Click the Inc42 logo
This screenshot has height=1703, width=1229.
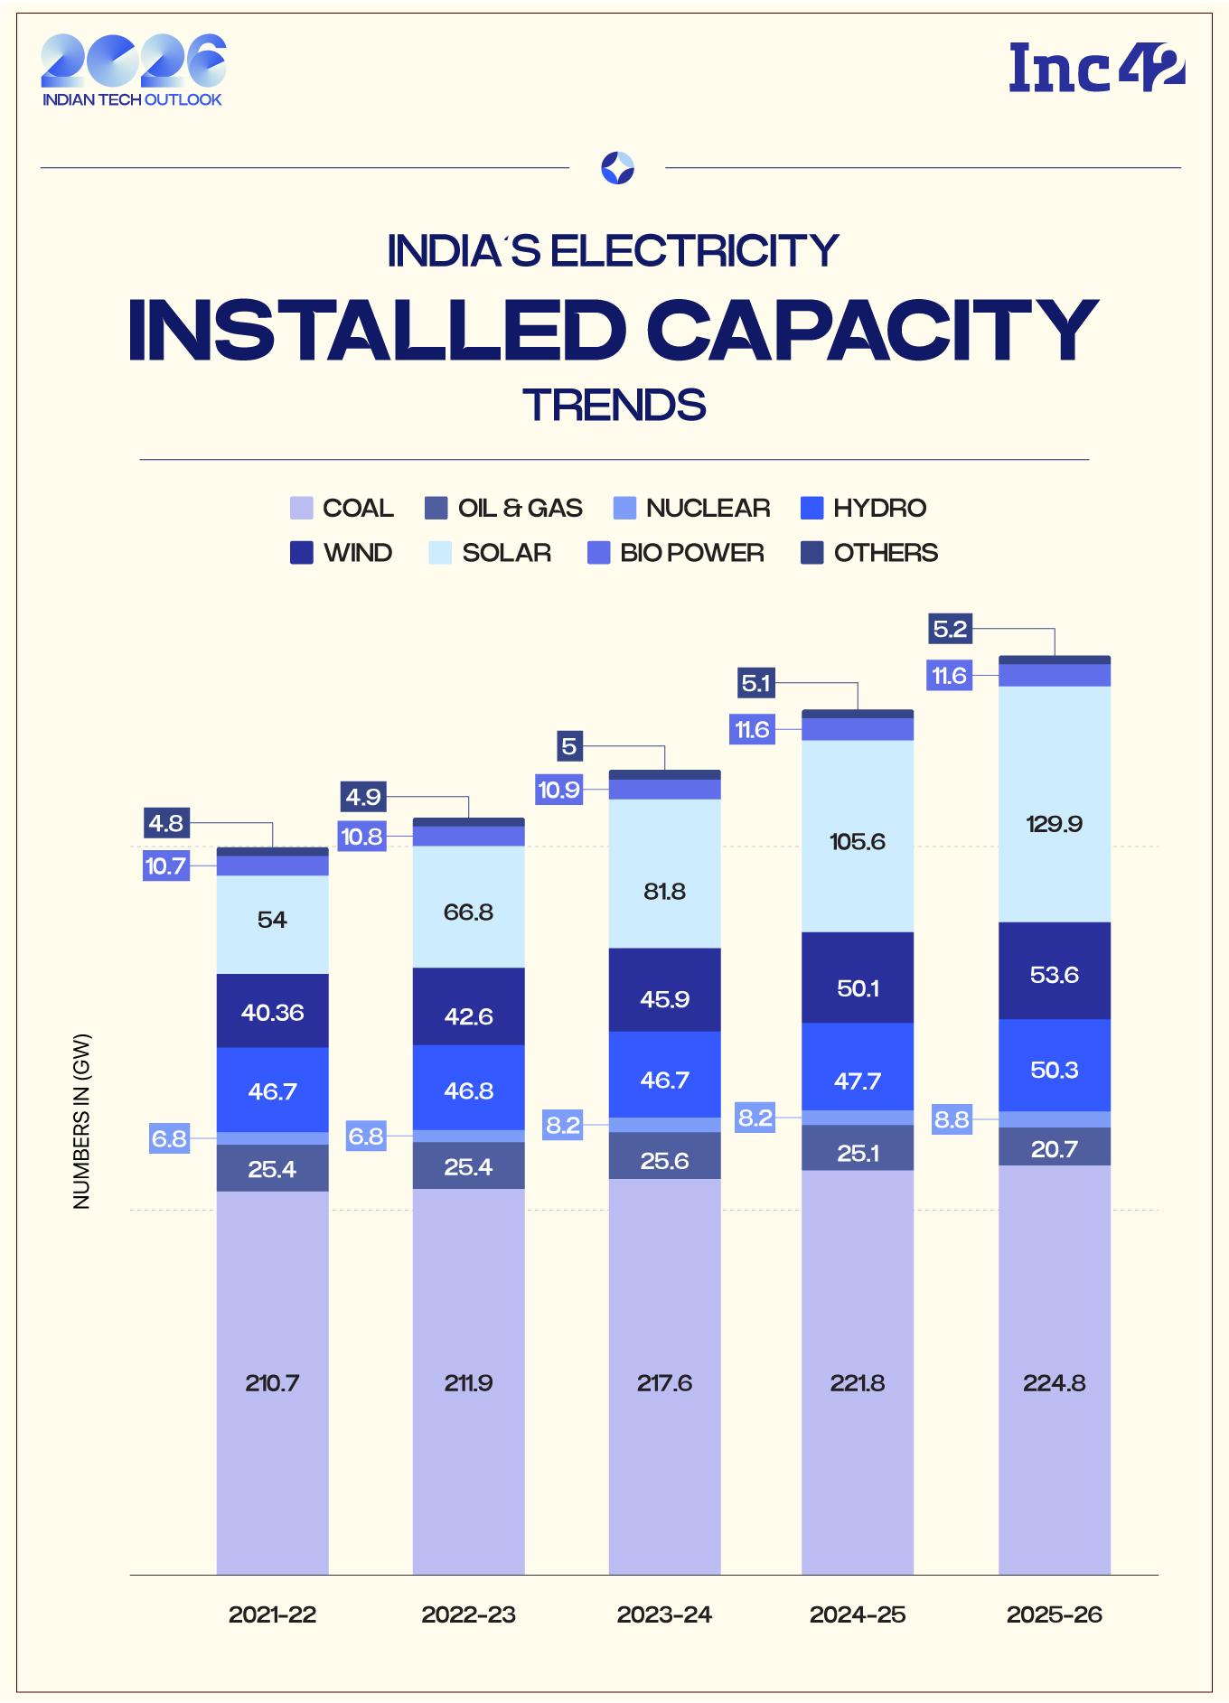click(1096, 67)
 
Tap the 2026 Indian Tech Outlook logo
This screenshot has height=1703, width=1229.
click(133, 70)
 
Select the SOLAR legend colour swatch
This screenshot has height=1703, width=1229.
click(440, 553)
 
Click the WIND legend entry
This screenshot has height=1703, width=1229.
click(341, 553)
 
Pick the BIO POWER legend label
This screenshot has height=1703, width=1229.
click(691, 553)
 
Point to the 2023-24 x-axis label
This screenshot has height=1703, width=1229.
click(664, 1614)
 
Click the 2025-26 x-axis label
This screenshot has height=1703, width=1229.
click(1054, 1614)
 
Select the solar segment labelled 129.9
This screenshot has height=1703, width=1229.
click(1054, 824)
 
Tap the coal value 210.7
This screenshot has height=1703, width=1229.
click(272, 1383)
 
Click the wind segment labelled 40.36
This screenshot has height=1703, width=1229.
click(272, 1012)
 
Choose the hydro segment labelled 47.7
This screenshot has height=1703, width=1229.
click(858, 1081)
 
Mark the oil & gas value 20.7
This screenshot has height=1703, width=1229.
click(1054, 1149)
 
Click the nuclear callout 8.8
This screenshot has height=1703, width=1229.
click(952, 1120)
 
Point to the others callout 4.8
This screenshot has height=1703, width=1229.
click(166, 823)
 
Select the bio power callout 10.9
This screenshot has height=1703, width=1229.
click(558, 790)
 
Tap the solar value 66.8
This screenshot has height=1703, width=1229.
click(468, 912)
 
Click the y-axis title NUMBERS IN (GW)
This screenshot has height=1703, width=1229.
click(82, 1121)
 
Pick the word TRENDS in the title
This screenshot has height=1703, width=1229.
click(614, 405)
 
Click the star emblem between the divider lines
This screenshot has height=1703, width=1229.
click(617, 168)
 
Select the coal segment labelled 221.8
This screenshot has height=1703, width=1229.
click(858, 1383)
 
